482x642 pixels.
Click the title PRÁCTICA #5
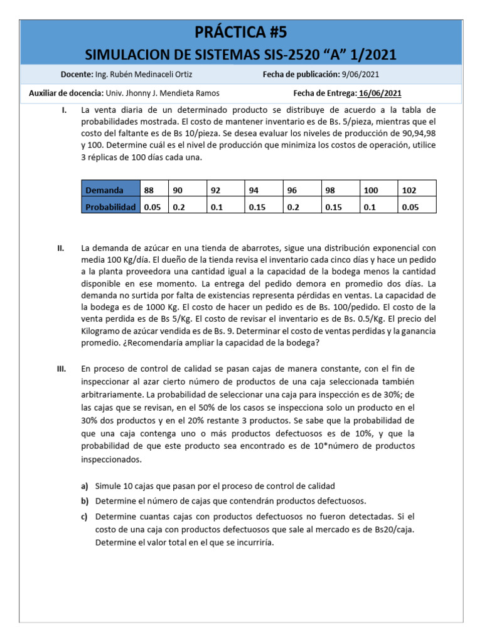[240, 32]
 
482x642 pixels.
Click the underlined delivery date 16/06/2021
[379, 93]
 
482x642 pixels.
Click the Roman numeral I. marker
[64, 110]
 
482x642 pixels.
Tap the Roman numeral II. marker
[61, 248]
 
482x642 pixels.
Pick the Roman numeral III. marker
[62, 369]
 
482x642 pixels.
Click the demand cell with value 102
[409, 190]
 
